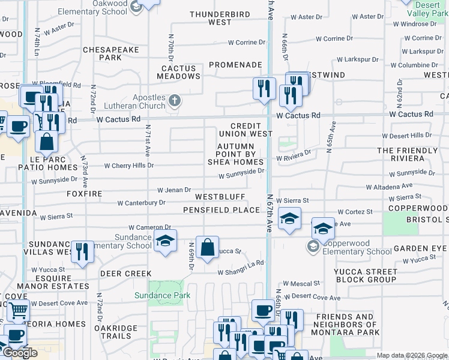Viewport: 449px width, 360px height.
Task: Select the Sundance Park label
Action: point(162,295)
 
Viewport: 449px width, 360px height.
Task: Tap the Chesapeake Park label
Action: point(102,53)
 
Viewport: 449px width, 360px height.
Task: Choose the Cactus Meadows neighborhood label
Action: point(179,72)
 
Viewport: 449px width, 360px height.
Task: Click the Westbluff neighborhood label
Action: point(220,197)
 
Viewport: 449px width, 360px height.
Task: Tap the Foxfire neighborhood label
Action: point(85,194)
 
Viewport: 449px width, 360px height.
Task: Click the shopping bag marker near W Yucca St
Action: point(207,247)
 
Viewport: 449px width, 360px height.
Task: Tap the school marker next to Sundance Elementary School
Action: point(165,241)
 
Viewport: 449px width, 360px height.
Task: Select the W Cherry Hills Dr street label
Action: point(129,166)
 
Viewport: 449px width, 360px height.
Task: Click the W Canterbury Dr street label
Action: point(141,203)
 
